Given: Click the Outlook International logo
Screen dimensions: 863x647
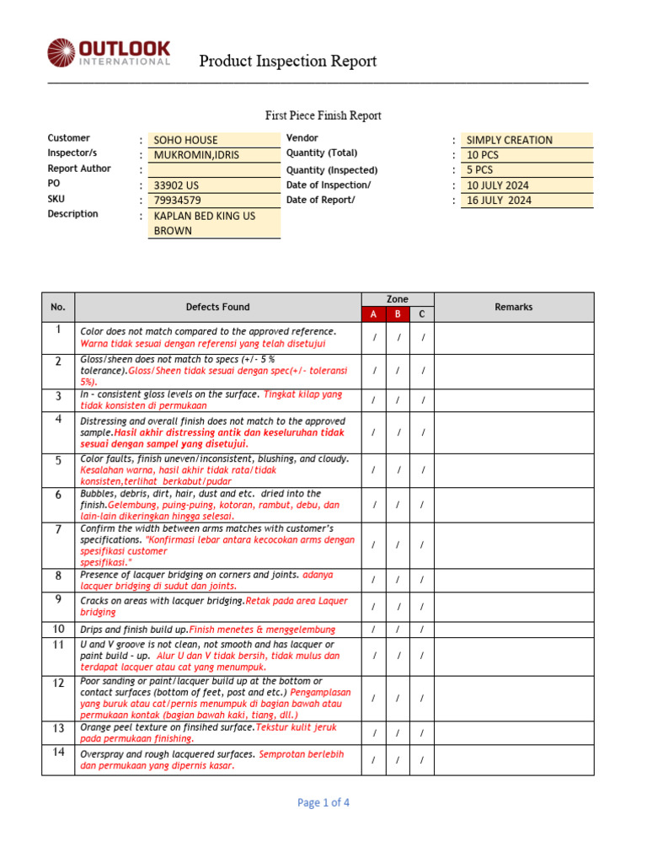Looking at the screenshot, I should [x=109, y=52].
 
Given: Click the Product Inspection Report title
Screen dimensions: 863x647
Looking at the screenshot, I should [x=287, y=61].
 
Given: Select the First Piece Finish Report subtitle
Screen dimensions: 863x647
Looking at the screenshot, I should [x=323, y=115].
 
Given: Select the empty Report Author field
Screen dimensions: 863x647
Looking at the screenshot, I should [x=214, y=170].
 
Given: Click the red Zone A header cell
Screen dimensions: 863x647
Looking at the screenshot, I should [x=373, y=314].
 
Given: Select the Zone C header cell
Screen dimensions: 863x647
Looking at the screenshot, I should [x=423, y=314].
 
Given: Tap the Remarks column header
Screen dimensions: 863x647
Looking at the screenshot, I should [x=514, y=307].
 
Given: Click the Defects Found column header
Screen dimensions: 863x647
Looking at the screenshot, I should [x=217, y=307].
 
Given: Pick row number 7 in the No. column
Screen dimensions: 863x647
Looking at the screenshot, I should [x=58, y=529].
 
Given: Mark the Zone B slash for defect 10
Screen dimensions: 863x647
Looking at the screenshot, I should [x=398, y=630].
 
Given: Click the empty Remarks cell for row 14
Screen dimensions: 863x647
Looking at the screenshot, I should [x=514, y=759].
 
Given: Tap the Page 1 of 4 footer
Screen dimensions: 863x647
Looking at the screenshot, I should [x=323, y=802].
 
